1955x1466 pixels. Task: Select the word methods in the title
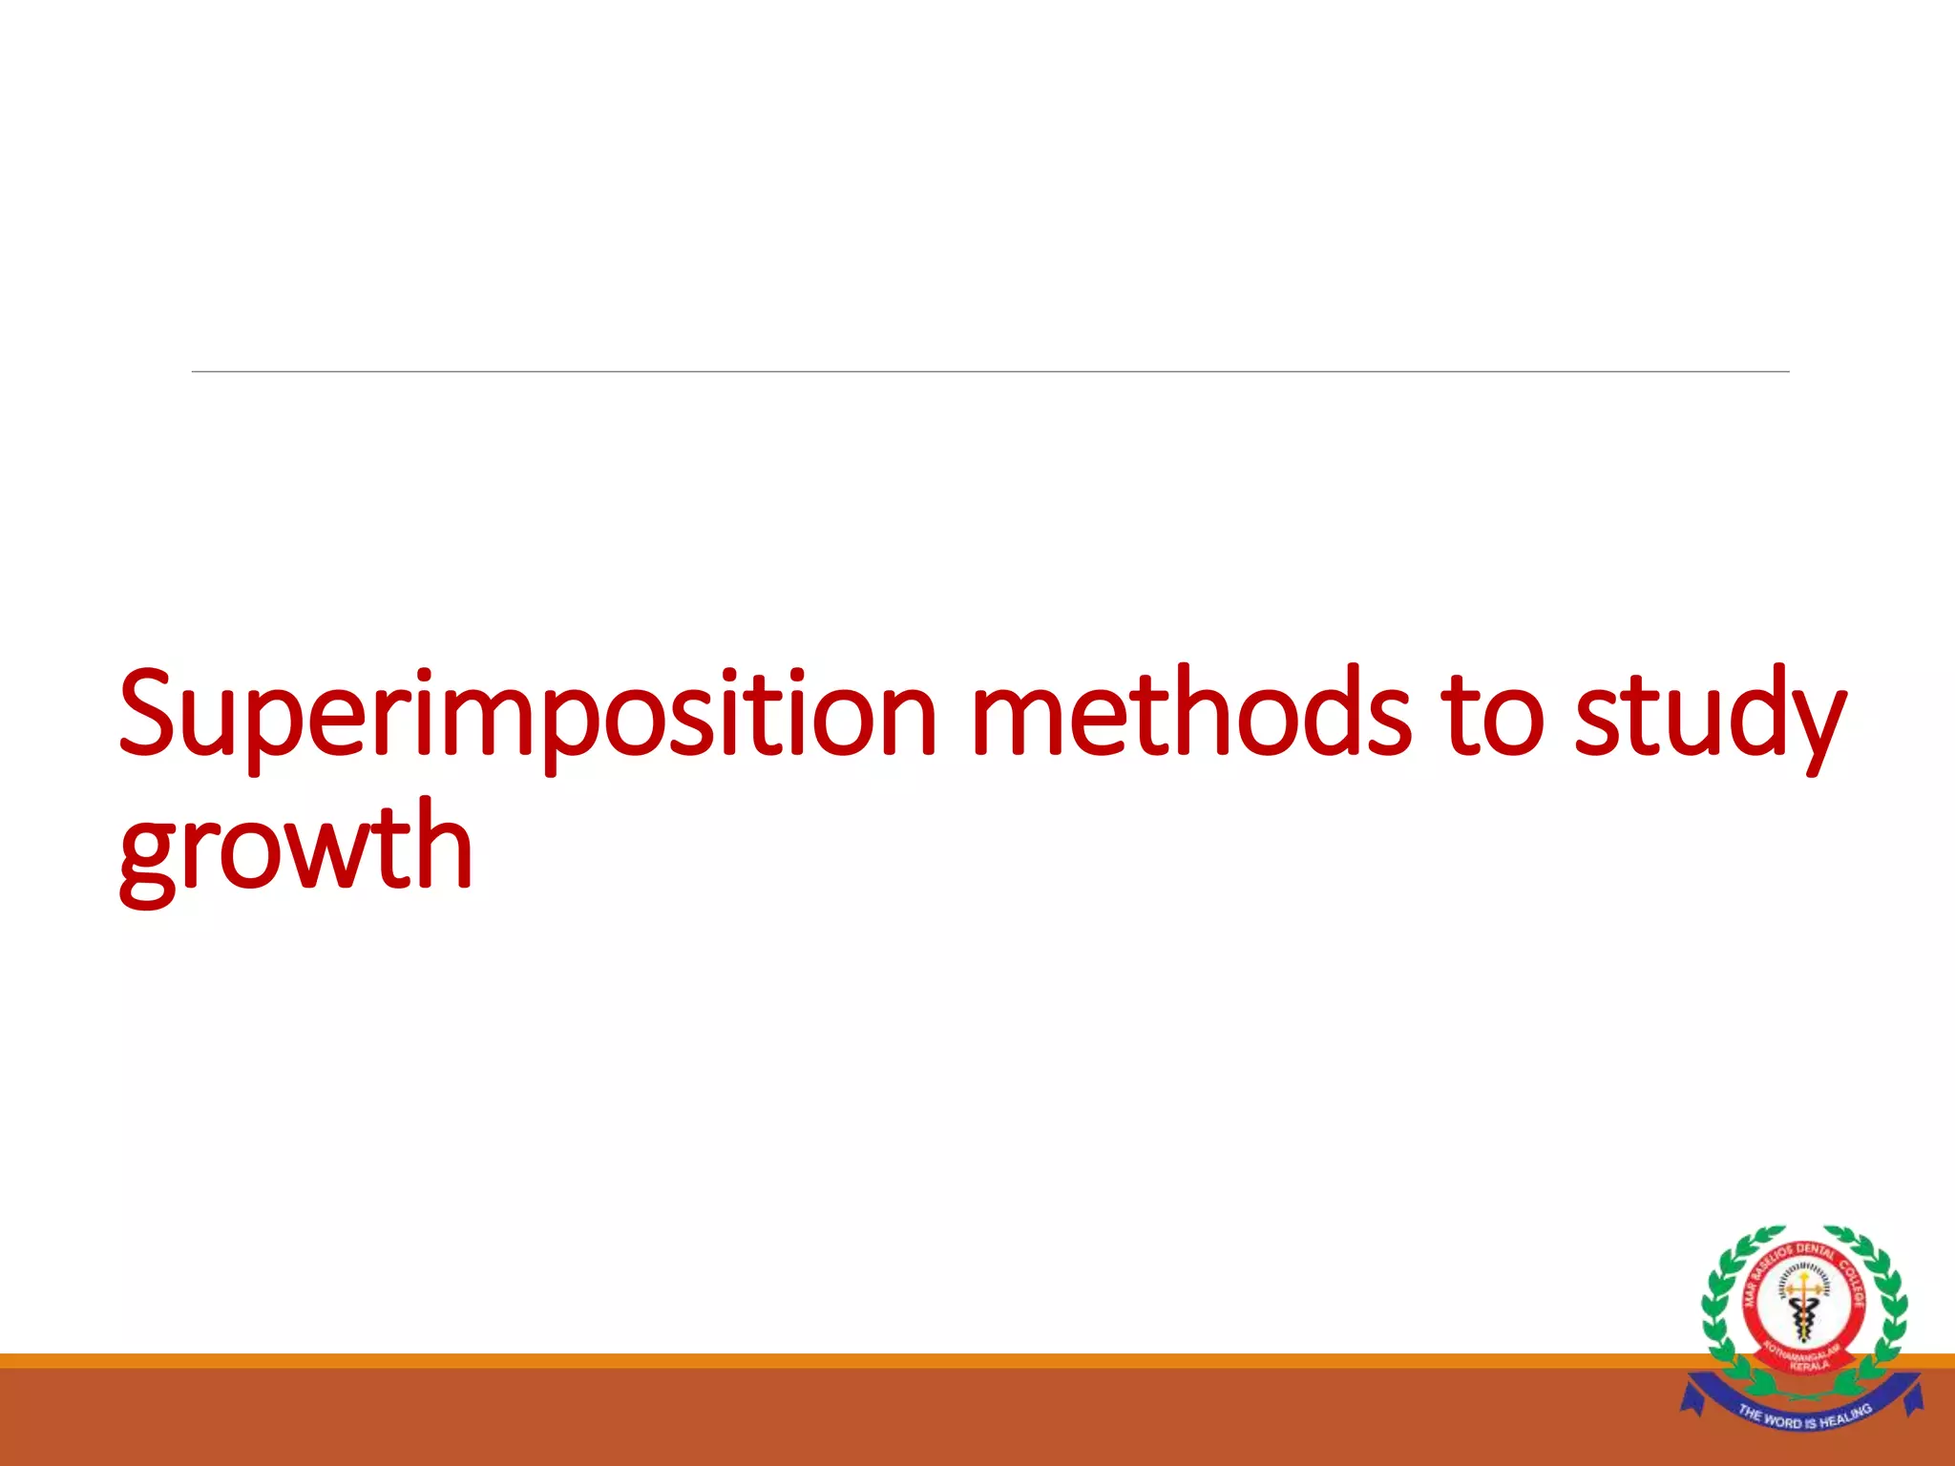pyautogui.click(x=1188, y=712)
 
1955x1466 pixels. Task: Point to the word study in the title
pyautogui.click(x=1710, y=716)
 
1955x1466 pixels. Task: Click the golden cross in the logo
pyautogui.click(x=1803, y=1285)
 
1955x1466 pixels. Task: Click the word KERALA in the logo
pyautogui.click(x=1810, y=1366)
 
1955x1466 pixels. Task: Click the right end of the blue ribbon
pyautogui.click(x=1912, y=1395)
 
